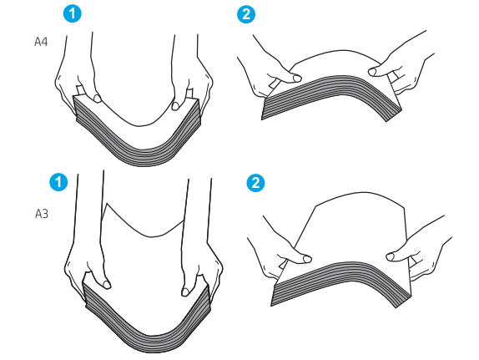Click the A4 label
41,42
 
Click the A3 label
42,214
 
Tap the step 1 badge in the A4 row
73,13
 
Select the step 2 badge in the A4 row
246,14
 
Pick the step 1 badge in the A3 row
58,182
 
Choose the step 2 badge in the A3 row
255,183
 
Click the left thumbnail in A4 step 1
98,99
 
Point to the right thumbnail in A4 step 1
175,106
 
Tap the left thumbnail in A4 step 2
297,79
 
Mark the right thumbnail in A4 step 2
372,72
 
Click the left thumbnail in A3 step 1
107,285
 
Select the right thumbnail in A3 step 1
185,292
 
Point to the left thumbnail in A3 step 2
307,259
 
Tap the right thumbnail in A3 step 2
390,257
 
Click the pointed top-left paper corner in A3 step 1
106,204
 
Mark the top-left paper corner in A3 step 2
315,206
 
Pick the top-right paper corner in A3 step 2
405,208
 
